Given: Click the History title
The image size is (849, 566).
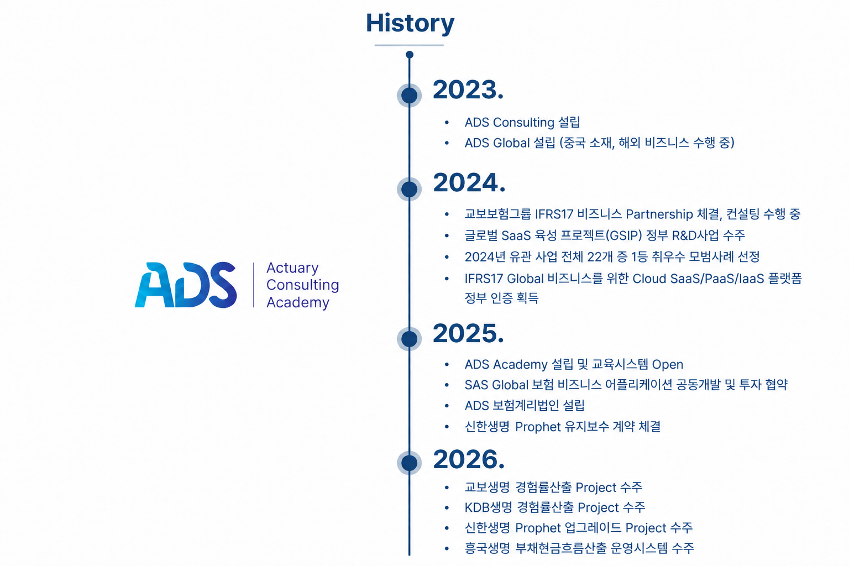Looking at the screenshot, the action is pos(410,24).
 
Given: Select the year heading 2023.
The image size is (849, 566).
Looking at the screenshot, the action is pos(468,90).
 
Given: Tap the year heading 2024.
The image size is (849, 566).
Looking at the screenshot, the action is pos(469,182).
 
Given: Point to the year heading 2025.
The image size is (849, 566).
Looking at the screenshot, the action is pos(469,333).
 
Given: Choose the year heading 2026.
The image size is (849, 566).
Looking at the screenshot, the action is pos(469,459).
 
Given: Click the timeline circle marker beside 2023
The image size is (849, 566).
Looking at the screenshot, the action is pos(410,95).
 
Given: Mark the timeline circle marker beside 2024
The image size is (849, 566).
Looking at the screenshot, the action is pos(410,189).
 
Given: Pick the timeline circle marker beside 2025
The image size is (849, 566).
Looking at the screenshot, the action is pos(410,338).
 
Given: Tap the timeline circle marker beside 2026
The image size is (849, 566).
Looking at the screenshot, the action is pos(410,463).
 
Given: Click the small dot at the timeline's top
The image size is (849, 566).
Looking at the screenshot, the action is pos(410,55).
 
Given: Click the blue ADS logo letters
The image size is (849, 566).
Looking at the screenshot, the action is pos(186,285).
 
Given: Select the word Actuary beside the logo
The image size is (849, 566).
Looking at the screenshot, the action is pos(292,268).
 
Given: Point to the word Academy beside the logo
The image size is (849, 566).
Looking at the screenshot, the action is pos(298,302).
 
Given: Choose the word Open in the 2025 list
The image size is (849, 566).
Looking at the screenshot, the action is pos(668,365).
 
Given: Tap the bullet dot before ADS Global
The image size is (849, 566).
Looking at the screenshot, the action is pos(447,143).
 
